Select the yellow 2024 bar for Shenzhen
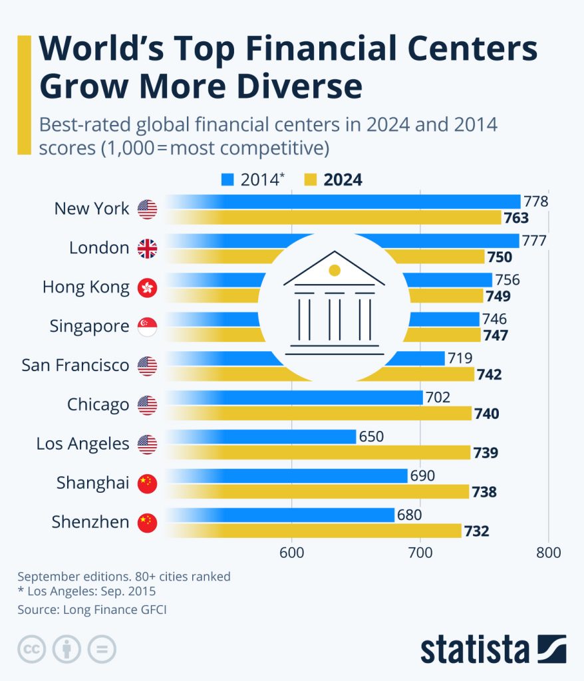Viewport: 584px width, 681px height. pyautogui.click(x=319, y=531)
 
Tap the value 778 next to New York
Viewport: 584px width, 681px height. pyautogui.click(x=535, y=201)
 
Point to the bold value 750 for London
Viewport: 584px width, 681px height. pyautogui.click(x=499, y=257)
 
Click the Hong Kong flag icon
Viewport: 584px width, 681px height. pyautogui.click(x=147, y=288)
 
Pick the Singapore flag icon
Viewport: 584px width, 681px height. pyautogui.click(x=147, y=327)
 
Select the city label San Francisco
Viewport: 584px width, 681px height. pyautogui.click(x=75, y=365)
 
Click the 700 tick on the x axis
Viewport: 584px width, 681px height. pyautogui.click(x=420, y=553)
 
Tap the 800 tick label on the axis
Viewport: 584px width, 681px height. pyautogui.click(x=548, y=553)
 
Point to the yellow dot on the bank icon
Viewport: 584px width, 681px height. pyautogui.click(x=335, y=270)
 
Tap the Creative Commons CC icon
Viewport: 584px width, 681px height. pyautogui.click(x=32, y=648)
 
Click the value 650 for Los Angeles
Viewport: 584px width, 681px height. pyautogui.click(x=372, y=437)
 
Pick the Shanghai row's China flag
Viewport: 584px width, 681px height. pyautogui.click(x=147, y=483)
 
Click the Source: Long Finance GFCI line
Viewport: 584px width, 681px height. pyautogui.click(x=92, y=609)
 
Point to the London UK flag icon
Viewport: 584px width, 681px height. pyautogui.click(x=147, y=249)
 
